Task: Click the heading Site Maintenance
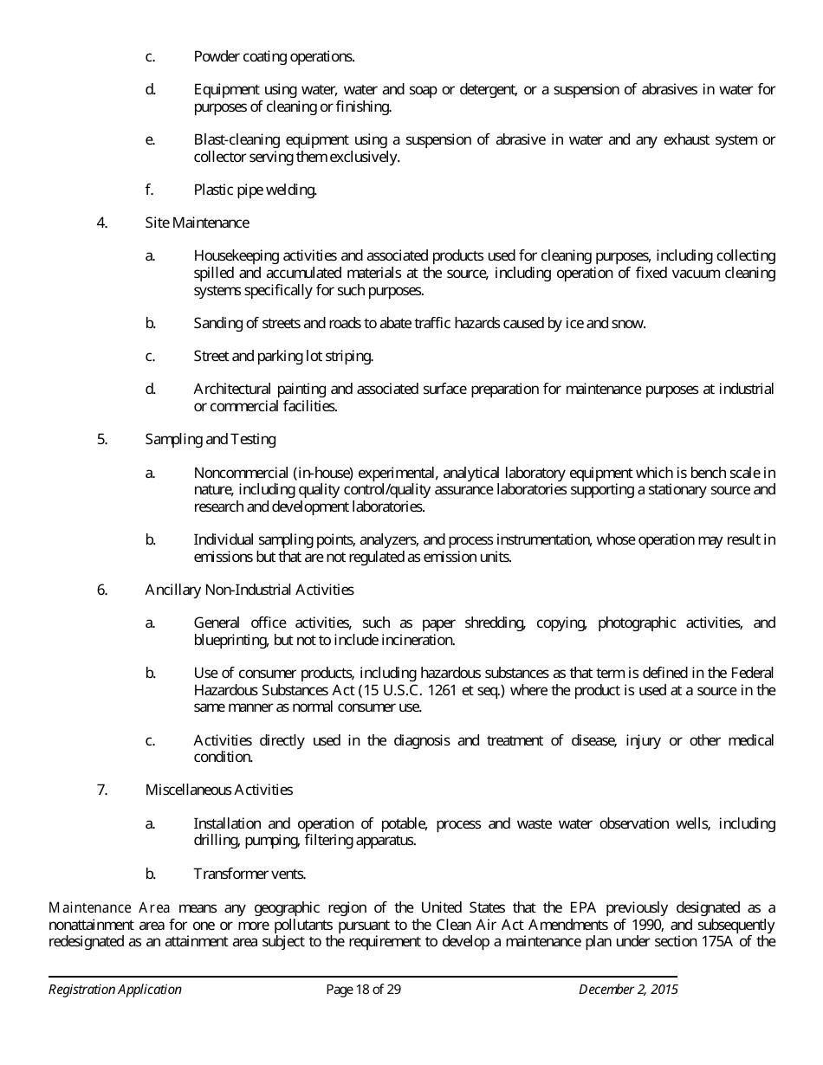(x=197, y=223)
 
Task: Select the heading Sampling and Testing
(x=211, y=439)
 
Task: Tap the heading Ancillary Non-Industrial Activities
(x=249, y=590)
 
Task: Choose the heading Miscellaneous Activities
(x=219, y=790)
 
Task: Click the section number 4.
(x=102, y=223)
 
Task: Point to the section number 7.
(x=102, y=790)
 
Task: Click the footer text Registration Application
(x=115, y=990)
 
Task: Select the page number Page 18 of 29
(x=363, y=990)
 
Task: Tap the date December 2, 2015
(x=628, y=990)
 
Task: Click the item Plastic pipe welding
(x=255, y=190)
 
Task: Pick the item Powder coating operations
(x=274, y=56)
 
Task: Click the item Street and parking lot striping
(x=283, y=356)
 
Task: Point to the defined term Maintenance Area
(x=109, y=907)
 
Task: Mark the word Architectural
(x=233, y=389)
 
